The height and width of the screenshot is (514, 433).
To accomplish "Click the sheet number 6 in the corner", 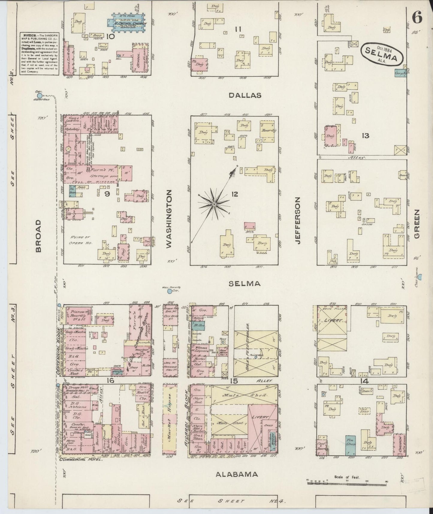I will pos(417,19).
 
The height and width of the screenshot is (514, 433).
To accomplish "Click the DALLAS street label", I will pos(245,95).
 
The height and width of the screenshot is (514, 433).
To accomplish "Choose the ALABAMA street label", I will pos(237,474).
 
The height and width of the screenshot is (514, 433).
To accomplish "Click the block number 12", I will pos(234,194).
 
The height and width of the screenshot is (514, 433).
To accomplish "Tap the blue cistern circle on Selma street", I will pos(170,291).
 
